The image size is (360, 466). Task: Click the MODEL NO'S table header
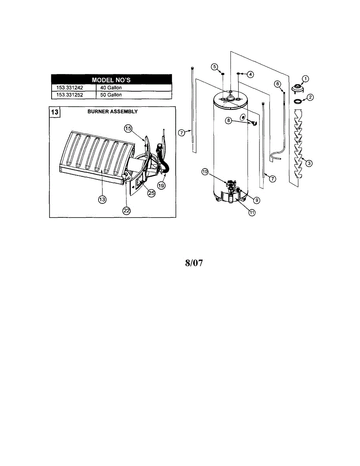pyautogui.click(x=111, y=80)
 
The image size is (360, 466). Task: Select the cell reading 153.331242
pyautogui.click(x=73, y=88)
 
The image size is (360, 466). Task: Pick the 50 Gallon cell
pyautogui.click(x=111, y=94)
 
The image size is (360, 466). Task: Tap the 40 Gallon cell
pyautogui.click(x=111, y=88)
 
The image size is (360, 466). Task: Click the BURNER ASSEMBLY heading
pyautogui.click(x=112, y=111)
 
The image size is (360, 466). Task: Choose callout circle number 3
pyautogui.click(x=309, y=163)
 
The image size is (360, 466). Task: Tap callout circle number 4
pyautogui.click(x=251, y=73)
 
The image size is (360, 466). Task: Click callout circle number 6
pyautogui.click(x=277, y=83)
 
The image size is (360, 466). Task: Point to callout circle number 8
pyautogui.click(x=229, y=121)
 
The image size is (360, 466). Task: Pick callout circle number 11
pyautogui.click(x=252, y=212)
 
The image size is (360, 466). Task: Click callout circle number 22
pyautogui.click(x=126, y=210)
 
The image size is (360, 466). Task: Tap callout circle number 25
pyautogui.click(x=151, y=192)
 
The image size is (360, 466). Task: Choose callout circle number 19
pyautogui.click(x=161, y=186)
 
